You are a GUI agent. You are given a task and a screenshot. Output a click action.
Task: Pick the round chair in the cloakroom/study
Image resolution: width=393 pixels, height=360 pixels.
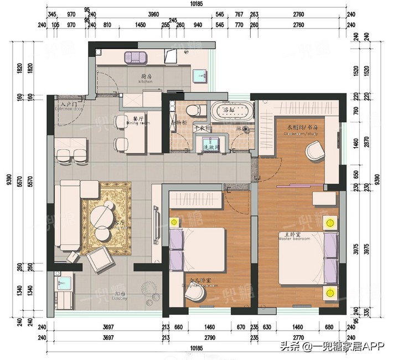(316, 150)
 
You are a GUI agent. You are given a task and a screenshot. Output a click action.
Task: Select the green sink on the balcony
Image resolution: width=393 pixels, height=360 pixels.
(60, 284)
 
